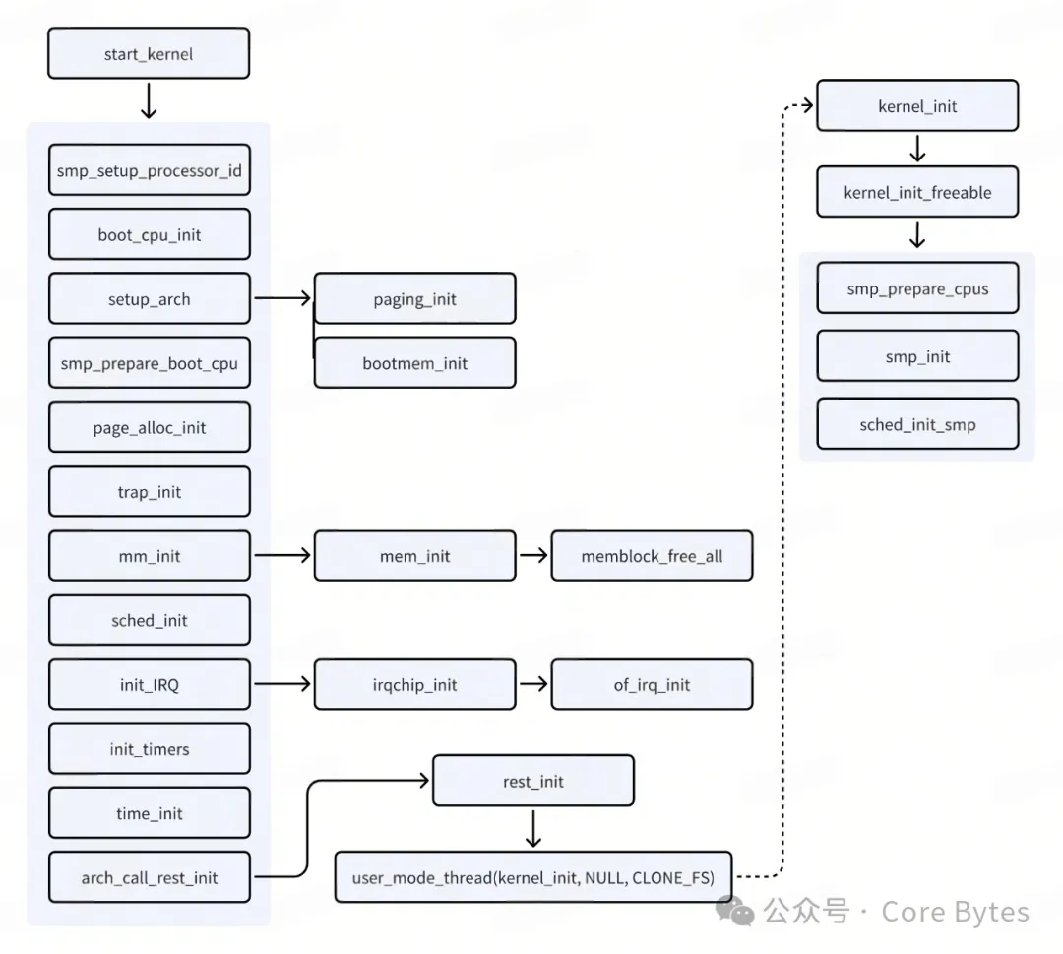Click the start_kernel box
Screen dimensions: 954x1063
pos(149,54)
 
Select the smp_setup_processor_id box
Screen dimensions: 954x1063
pos(149,170)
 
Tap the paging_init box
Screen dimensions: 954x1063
pos(414,299)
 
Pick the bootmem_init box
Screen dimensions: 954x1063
pos(414,363)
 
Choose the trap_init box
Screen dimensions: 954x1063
pos(149,491)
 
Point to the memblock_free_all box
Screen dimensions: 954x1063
pos(652,556)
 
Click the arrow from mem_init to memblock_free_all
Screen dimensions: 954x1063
pos(532,556)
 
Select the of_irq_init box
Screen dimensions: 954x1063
pos(652,684)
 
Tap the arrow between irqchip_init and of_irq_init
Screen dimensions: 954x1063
pos(532,684)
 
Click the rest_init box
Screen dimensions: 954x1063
pos(532,782)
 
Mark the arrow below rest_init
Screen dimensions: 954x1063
pos(532,828)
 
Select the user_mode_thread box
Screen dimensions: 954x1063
pos(532,877)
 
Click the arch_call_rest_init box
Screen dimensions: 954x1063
pos(149,877)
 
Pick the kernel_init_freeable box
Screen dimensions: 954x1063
pos(917,192)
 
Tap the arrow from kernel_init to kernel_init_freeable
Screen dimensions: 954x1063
pos(917,149)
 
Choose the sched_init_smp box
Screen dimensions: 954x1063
pos(917,424)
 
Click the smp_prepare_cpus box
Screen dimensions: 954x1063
pos(917,288)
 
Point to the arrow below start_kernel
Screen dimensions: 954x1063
pos(149,100)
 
